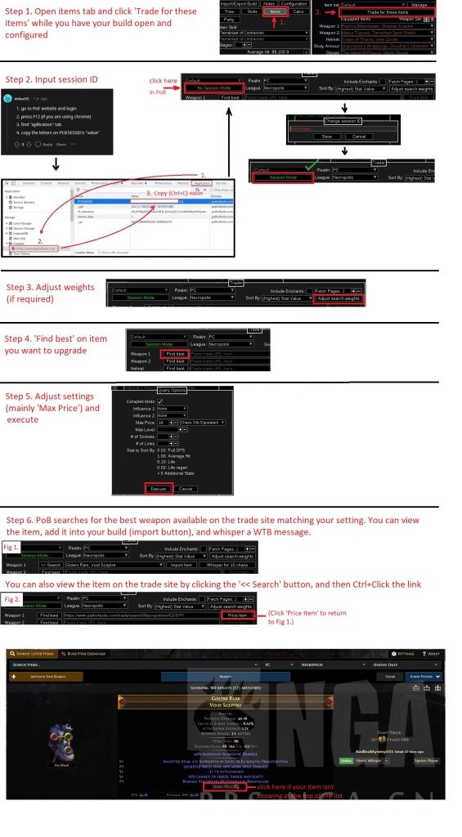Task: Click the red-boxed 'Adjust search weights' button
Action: pos(338,298)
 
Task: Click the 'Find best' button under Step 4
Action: pos(176,353)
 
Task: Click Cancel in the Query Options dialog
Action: pos(186,488)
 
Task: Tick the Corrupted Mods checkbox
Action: pos(160,401)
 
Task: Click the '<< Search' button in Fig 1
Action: pos(50,565)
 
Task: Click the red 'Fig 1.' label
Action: pos(12,545)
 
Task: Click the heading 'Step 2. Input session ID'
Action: pos(52,79)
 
